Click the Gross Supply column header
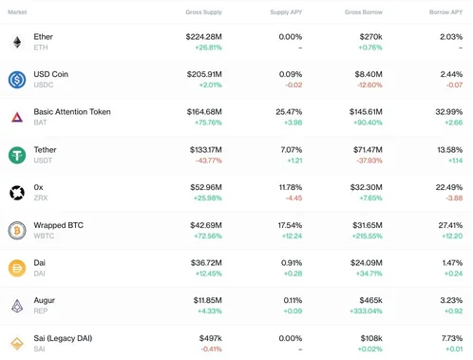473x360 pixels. (x=203, y=12)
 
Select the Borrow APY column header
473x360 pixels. (x=445, y=12)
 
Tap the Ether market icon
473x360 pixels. (x=17, y=42)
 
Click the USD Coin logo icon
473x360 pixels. (x=17, y=80)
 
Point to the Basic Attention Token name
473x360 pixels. (x=72, y=112)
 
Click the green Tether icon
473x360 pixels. (x=17, y=155)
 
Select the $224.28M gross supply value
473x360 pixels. (x=203, y=37)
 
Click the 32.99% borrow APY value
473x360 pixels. (x=448, y=112)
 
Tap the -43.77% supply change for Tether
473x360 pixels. (x=208, y=161)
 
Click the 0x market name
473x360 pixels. (x=39, y=187)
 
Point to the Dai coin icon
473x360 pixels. (x=17, y=268)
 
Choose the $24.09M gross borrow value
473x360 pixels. (x=362, y=263)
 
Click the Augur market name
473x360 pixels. (x=45, y=300)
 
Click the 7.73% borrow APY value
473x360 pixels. (x=451, y=338)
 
